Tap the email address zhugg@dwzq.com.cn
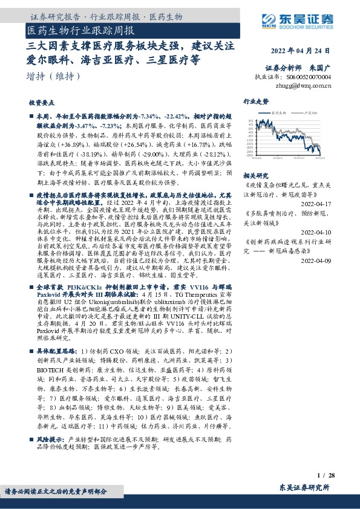pyautogui.click(x=301, y=86)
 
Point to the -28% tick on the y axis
pyautogui.click(x=249, y=154)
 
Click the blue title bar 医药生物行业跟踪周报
pyautogui.click(x=81, y=30)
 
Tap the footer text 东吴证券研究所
pyautogui.click(x=305, y=487)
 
